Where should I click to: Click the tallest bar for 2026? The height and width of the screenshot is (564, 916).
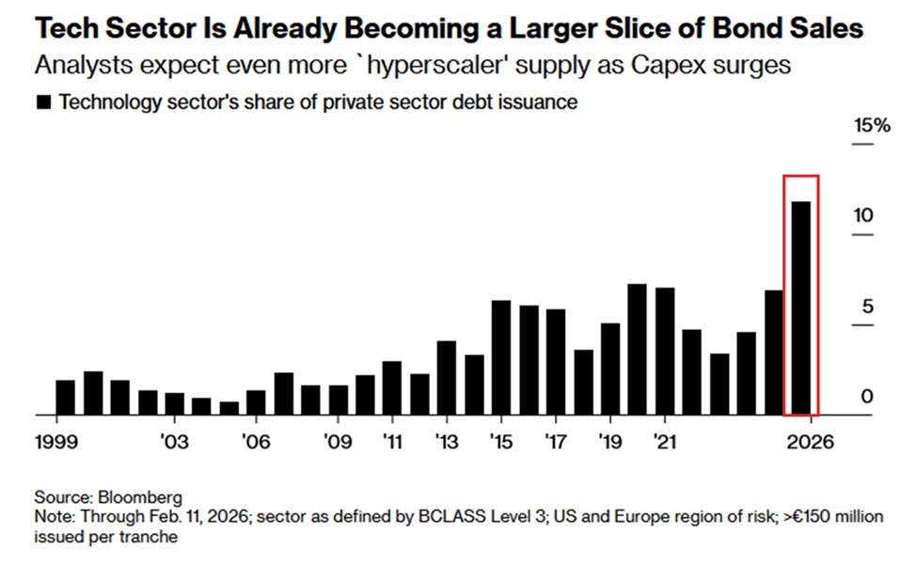point(801,307)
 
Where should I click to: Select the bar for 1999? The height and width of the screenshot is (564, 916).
point(65,397)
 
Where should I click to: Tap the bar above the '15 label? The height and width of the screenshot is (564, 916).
point(501,357)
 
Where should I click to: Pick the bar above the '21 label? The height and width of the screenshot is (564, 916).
point(665,351)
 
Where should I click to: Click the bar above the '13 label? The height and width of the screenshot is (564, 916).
point(447,377)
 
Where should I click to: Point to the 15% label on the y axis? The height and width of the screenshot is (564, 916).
point(870,126)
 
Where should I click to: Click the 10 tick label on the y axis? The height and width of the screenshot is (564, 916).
point(863,215)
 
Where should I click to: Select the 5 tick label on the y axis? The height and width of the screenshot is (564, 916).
point(868,306)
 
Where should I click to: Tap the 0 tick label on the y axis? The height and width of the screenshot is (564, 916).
point(868,397)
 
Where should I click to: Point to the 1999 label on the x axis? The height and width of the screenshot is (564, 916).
point(55,441)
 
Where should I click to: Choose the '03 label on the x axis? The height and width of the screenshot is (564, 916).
point(174,441)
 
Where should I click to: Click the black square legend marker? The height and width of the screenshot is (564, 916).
point(42,102)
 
